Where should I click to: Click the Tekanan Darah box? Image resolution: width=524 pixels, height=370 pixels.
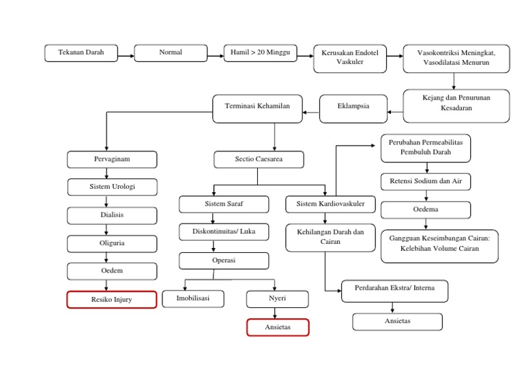81,53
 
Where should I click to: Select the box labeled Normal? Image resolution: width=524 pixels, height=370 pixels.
170,53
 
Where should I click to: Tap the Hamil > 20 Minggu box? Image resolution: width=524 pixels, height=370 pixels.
260,53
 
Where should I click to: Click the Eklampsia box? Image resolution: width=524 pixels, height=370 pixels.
353,107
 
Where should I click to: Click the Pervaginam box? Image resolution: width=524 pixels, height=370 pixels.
112,159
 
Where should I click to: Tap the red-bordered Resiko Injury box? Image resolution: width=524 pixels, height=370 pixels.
112,300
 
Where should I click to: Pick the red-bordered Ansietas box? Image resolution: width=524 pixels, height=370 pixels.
278,328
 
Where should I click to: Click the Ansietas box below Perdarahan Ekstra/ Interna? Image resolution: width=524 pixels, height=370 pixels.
397,322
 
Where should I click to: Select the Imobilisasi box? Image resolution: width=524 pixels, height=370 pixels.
192,299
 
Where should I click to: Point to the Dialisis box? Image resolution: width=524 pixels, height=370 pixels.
112,215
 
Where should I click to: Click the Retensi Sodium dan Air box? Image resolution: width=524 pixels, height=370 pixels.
425,182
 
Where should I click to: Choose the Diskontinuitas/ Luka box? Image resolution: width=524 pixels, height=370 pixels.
224,232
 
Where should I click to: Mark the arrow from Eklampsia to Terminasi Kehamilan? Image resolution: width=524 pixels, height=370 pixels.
310,112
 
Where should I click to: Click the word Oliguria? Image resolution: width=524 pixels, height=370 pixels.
112,243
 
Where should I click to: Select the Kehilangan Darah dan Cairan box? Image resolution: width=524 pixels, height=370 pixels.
330,237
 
